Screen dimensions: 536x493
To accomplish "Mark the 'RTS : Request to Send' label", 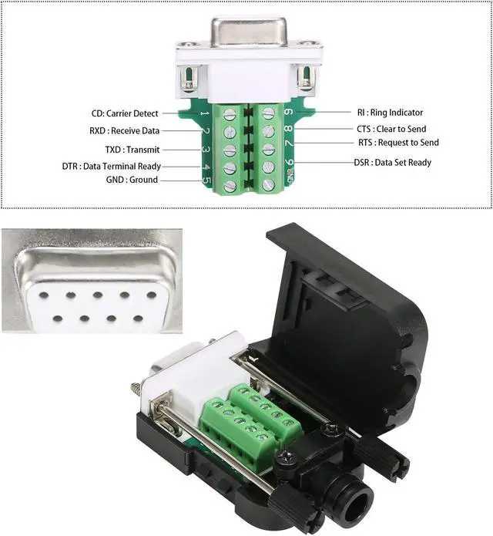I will pos(397,143).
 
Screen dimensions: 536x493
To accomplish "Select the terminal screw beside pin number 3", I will pos(230,150).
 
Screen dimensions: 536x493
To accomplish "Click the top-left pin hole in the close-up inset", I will pos(42,293).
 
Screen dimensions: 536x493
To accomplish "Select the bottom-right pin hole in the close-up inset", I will pos(138,318).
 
